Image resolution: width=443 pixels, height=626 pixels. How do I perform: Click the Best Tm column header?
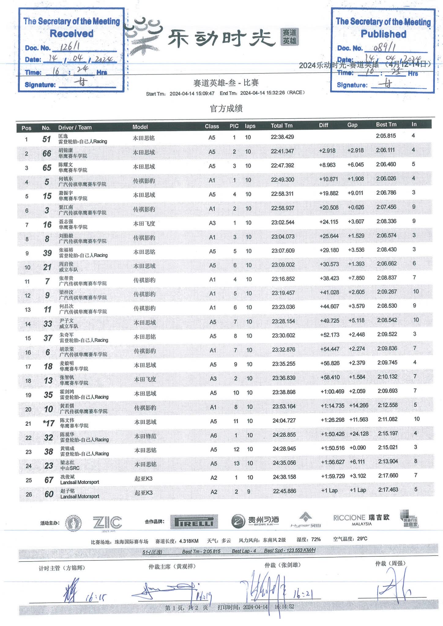pos(386,124)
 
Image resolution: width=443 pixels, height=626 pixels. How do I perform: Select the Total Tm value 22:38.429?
pos(282,137)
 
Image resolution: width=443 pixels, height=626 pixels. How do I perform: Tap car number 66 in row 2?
pos(47,153)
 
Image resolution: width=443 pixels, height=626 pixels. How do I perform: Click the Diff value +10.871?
pos(329,179)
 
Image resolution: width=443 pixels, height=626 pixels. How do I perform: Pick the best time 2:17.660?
pos(388,476)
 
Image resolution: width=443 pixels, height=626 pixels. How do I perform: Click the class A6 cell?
pos(214,435)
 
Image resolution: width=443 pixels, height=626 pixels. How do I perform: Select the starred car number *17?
pos(49,423)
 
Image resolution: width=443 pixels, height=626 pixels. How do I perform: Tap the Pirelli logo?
pos(194,522)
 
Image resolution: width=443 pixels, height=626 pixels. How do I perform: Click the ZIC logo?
pos(107,522)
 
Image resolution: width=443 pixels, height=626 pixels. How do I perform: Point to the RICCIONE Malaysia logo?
pos(361,520)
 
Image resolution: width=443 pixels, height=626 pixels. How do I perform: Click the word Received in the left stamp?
pos(72,34)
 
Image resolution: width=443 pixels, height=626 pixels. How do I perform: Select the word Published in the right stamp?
pos(383,34)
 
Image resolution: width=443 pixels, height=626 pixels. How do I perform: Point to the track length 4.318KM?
pos(189,541)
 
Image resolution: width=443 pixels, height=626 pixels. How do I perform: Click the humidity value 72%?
pos(316,539)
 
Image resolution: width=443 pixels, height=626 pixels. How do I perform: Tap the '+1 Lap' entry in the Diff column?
pos(329,491)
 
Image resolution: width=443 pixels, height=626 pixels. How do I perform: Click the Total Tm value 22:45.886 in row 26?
pos(284,491)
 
